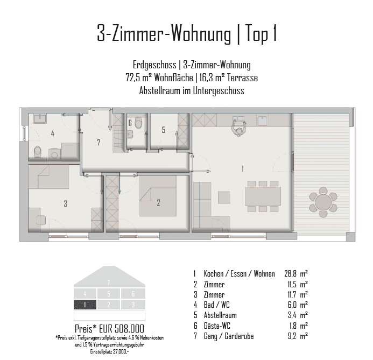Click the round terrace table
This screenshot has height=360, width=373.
point(323,202)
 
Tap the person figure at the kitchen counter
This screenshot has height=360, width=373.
point(238,128)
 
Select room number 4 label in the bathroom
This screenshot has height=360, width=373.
point(53,133)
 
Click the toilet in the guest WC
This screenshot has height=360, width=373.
point(138,122)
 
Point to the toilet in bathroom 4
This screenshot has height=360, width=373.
point(38,152)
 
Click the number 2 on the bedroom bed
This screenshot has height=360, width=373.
point(158,202)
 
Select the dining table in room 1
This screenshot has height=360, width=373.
point(263,196)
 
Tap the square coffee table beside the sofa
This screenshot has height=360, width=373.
point(224,197)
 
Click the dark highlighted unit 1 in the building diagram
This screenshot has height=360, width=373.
point(85,305)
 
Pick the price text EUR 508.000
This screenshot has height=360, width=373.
point(122,329)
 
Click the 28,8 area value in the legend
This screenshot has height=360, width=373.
point(290,274)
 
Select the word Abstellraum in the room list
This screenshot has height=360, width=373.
point(220,315)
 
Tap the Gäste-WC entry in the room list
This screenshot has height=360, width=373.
point(217,326)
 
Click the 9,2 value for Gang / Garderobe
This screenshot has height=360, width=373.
point(292,336)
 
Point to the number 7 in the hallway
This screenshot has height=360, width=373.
point(98,143)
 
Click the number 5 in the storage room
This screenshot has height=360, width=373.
point(164,130)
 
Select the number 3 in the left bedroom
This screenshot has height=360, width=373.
point(66,203)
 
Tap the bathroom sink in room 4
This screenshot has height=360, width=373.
point(40,118)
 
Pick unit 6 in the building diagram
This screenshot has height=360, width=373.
point(133,294)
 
